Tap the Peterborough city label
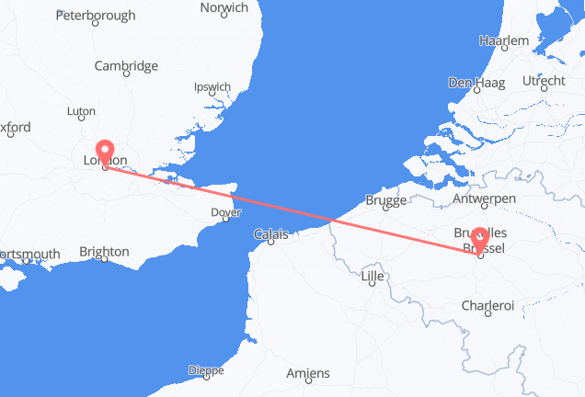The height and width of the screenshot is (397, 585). point(96,16)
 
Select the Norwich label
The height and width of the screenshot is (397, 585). point(224,7)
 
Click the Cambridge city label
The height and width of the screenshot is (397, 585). point(127,66)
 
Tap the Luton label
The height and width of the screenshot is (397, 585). point(81,111)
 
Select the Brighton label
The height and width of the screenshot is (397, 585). point(104,251)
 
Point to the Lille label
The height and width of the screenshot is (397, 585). point(372,276)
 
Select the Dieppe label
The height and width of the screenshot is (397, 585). point(205,370)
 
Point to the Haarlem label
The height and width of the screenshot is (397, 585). point(504,41)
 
